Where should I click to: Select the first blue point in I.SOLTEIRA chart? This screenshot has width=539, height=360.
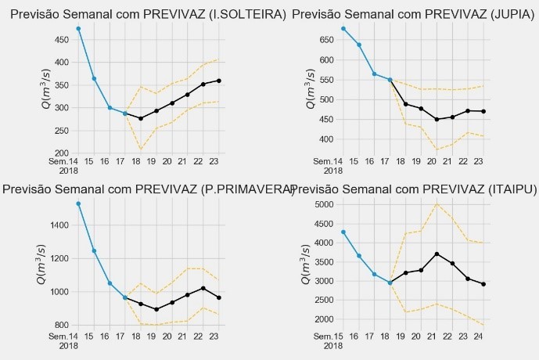click(x=78, y=28)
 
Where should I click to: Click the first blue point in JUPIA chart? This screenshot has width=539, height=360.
click(x=343, y=28)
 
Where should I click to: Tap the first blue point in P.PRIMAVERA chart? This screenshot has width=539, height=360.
click(x=78, y=203)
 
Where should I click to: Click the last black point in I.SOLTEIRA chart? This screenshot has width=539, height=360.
click(x=218, y=81)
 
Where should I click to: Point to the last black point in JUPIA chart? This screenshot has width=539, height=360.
click(x=483, y=111)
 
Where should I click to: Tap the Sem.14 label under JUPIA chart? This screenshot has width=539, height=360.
click(x=333, y=160)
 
